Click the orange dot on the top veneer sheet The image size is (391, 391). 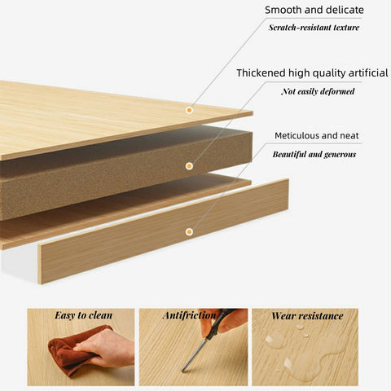click(x=189, y=110)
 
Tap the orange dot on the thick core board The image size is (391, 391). click(x=189, y=166)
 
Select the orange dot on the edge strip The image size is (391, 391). click(x=189, y=231)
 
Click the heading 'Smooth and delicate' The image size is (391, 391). click(x=314, y=10)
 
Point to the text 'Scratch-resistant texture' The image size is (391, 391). click(x=314, y=28)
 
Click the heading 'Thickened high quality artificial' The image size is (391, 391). click(x=312, y=73)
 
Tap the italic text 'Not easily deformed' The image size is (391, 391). click(x=318, y=91)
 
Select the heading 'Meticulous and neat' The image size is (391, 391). click(x=317, y=135)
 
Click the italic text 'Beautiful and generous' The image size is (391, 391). click(x=314, y=154)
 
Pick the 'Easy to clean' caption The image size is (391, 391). click(x=84, y=315)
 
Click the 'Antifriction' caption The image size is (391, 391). click(x=190, y=315)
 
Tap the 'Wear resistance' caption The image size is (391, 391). click(x=307, y=316)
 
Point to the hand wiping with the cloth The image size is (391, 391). click(x=108, y=349)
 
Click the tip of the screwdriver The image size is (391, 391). click(x=183, y=371)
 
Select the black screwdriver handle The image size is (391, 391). click(x=217, y=323)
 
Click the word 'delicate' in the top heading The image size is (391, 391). click(x=345, y=10)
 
